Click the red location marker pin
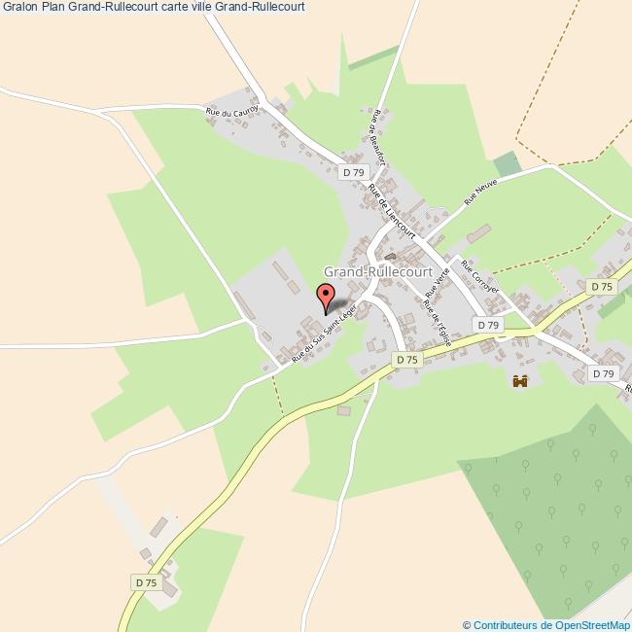[x=326, y=294]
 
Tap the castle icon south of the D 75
[x=519, y=381]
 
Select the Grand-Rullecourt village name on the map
[x=377, y=272]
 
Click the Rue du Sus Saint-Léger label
[x=325, y=333]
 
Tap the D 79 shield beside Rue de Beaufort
[x=353, y=172]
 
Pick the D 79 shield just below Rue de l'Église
[x=488, y=325]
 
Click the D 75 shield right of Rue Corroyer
[x=601, y=287]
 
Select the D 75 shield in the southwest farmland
[x=145, y=581]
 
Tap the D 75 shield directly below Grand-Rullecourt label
[x=406, y=359]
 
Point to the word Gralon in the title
[x=19, y=6]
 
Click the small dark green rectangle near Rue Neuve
[x=506, y=164]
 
